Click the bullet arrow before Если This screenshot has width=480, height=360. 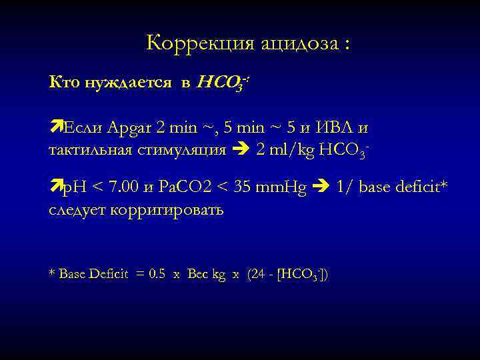[x=55, y=125]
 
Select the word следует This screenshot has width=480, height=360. [x=79, y=210]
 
